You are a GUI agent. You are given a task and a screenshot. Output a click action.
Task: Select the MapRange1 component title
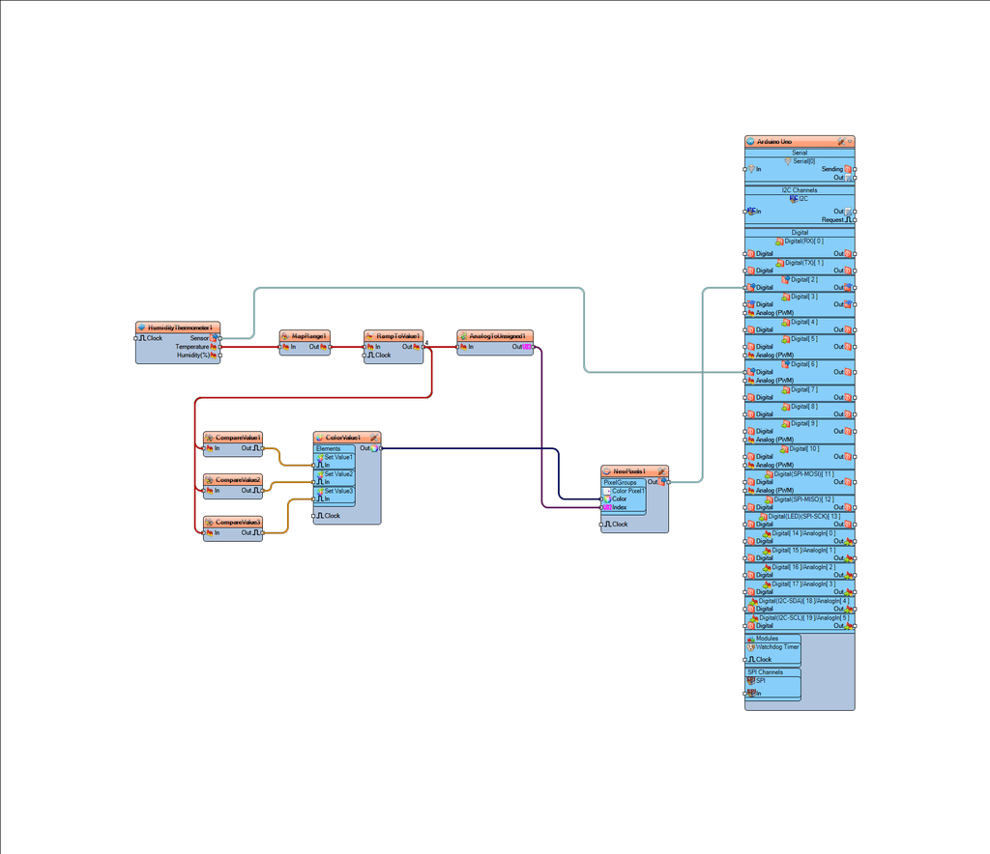click(306, 336)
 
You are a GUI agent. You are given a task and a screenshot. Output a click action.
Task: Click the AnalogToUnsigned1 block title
click(496, 336)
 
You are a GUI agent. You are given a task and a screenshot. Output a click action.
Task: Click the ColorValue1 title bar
click(343, 438)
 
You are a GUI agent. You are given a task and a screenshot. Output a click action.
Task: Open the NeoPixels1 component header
click(629, 471)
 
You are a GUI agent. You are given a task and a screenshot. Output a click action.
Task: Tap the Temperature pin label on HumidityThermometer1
click(191, 347)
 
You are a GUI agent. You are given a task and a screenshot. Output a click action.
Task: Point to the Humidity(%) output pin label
click(192, 356)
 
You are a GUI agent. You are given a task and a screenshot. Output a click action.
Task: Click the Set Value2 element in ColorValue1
click(338, 474)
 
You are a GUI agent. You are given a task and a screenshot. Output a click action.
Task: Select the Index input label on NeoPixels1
click(619, 507)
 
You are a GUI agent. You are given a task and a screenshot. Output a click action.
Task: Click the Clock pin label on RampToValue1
click(383, 356)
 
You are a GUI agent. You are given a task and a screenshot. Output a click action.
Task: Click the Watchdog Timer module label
click(777, 647)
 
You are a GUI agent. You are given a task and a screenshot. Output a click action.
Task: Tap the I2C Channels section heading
click(800, 190)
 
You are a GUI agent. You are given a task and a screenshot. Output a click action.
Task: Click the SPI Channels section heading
click(765, 672)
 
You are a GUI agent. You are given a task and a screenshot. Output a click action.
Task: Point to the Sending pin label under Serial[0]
click(831, 169)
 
